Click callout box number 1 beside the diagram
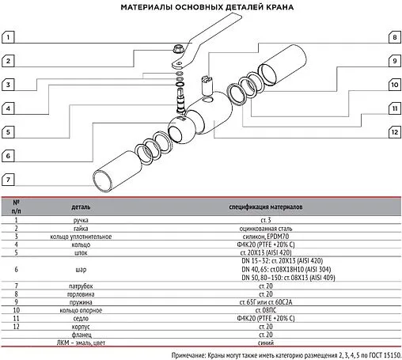[x=9, y=36]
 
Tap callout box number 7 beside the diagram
[x=9, y=180]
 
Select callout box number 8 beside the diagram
[x=393, y=37]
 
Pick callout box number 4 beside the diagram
[x=9, y=108]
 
